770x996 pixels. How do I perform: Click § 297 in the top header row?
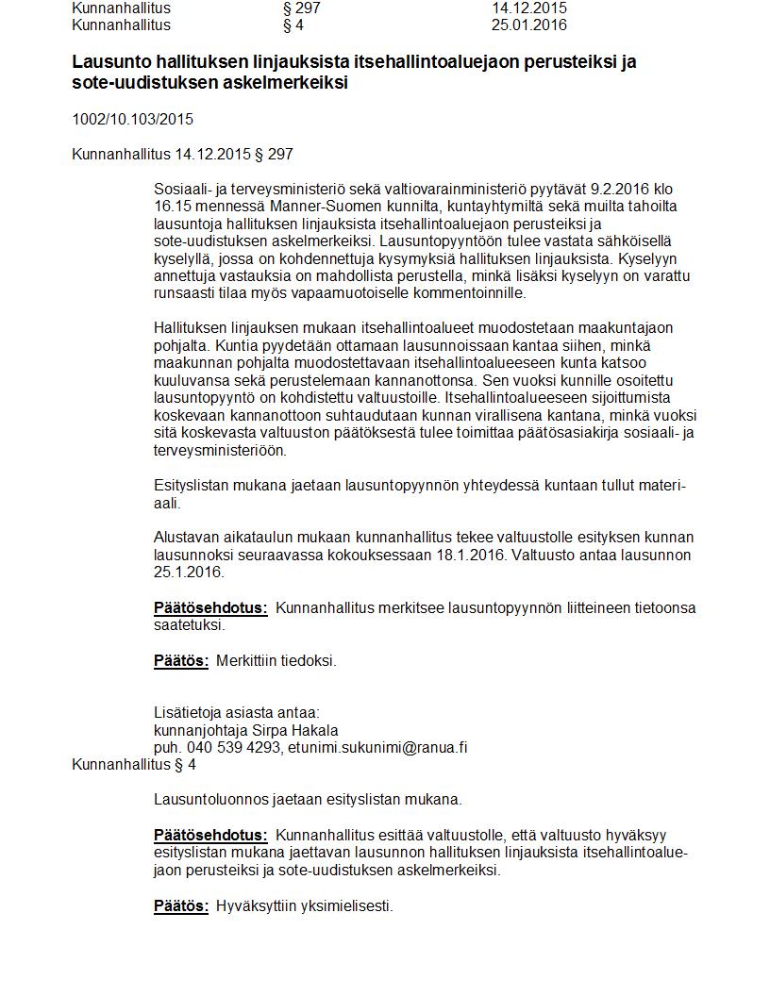pyautogui.click(x=302, y=8)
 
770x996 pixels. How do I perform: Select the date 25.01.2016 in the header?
pyautogui.click(x=528, y=25)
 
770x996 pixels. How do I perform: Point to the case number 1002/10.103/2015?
pyautogui.click(x=132, y=120)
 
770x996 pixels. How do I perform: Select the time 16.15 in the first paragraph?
pyautogui.click(x=172, y=207)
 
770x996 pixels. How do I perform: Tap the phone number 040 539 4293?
pyautogui.click(x=234, y=748)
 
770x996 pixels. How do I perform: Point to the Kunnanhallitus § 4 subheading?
pyautogui.click(x=134, y=765)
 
